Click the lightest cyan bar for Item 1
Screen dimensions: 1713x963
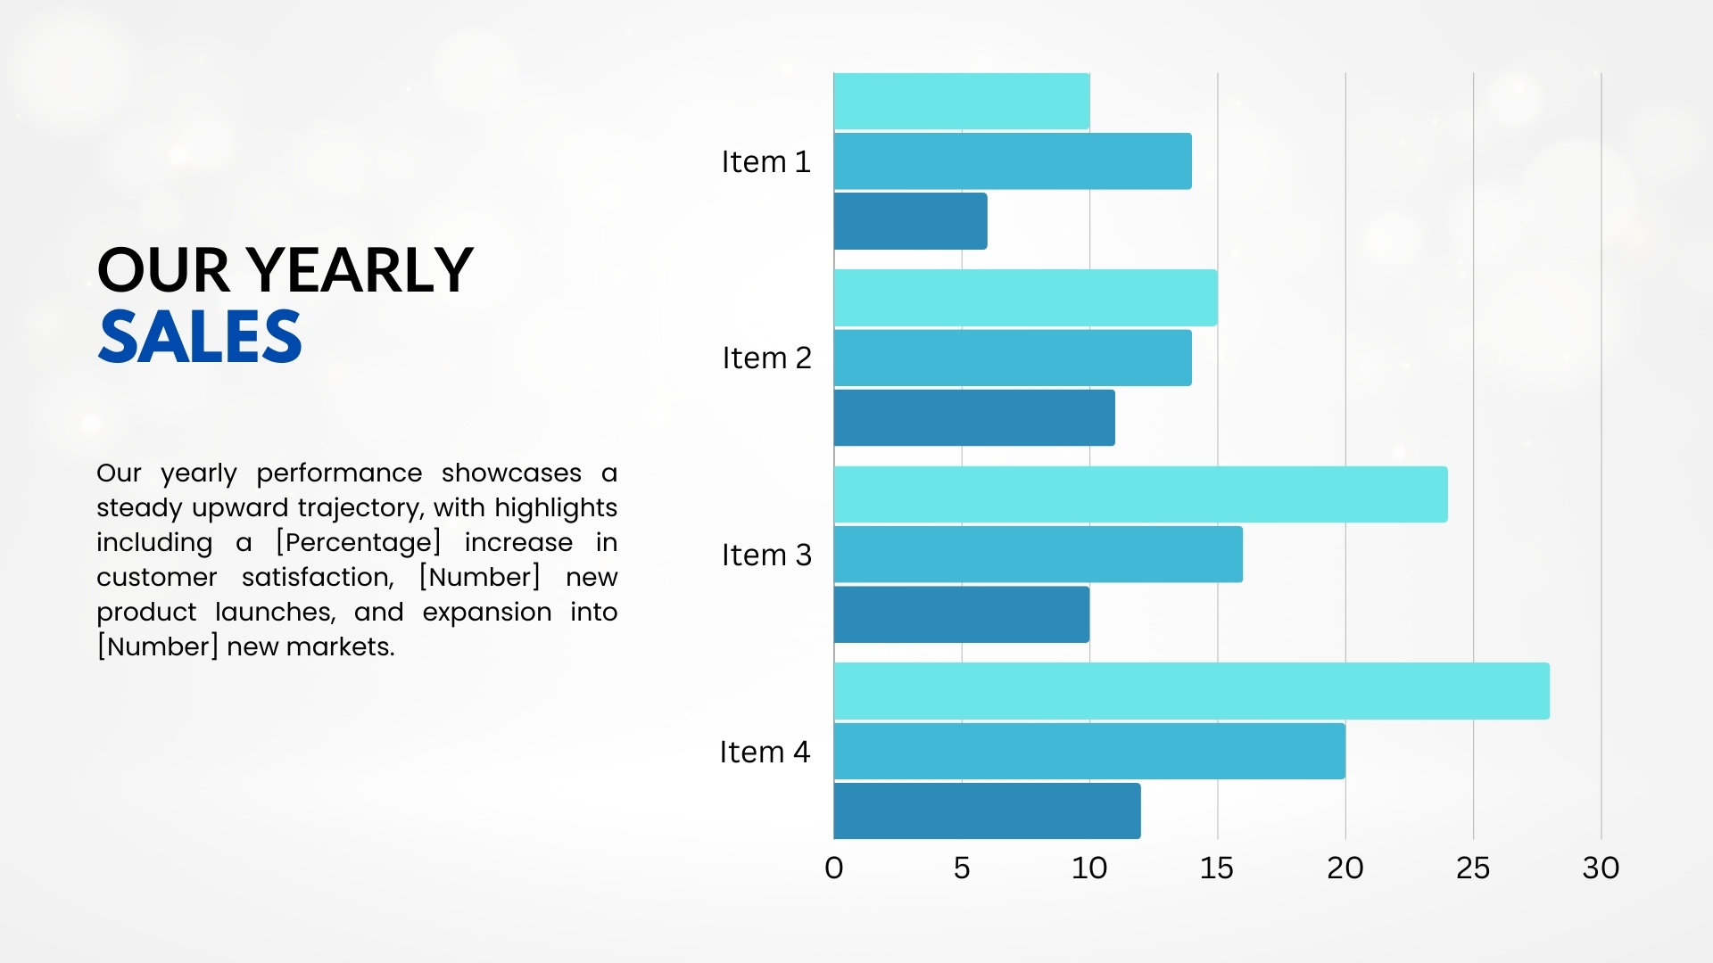(962, 101)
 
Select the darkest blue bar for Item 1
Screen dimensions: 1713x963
(911, 221)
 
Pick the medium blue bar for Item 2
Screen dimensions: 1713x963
(1013, 358)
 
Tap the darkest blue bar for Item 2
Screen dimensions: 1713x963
(974, 417)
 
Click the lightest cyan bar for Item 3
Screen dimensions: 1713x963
(1141, 494)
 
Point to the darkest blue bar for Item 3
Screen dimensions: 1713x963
(962, 614)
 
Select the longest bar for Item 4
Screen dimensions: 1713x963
(1192, 691)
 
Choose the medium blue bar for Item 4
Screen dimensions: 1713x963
(1089, 751)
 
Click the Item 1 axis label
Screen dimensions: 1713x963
(765, 161)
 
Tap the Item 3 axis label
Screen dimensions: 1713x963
(766, 555)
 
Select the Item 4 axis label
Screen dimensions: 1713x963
(765, 752)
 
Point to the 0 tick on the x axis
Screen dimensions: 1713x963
(834, 868)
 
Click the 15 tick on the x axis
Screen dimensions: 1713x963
(1217, 868)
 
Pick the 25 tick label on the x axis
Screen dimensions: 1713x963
(1473, 868)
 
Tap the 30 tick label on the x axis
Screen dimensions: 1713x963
(1601, 868)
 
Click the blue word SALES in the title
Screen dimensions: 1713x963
(200, 336)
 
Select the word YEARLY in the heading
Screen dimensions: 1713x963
(360, 269)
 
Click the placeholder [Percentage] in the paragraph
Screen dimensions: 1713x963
(359, 542)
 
